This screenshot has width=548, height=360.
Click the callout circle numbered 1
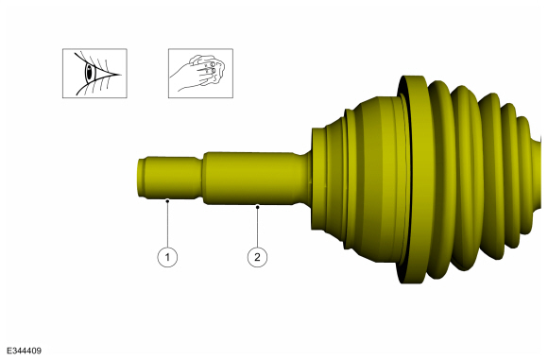pos(167,256)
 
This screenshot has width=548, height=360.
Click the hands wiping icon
pos(199,73)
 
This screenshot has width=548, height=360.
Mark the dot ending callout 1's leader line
pos(167,200)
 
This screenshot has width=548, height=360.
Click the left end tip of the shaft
pos(139,178)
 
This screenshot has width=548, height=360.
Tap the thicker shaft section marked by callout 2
pos(250,177)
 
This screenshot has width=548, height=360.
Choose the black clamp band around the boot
pos(409,180)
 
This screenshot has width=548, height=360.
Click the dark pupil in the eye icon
pos(91,73)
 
